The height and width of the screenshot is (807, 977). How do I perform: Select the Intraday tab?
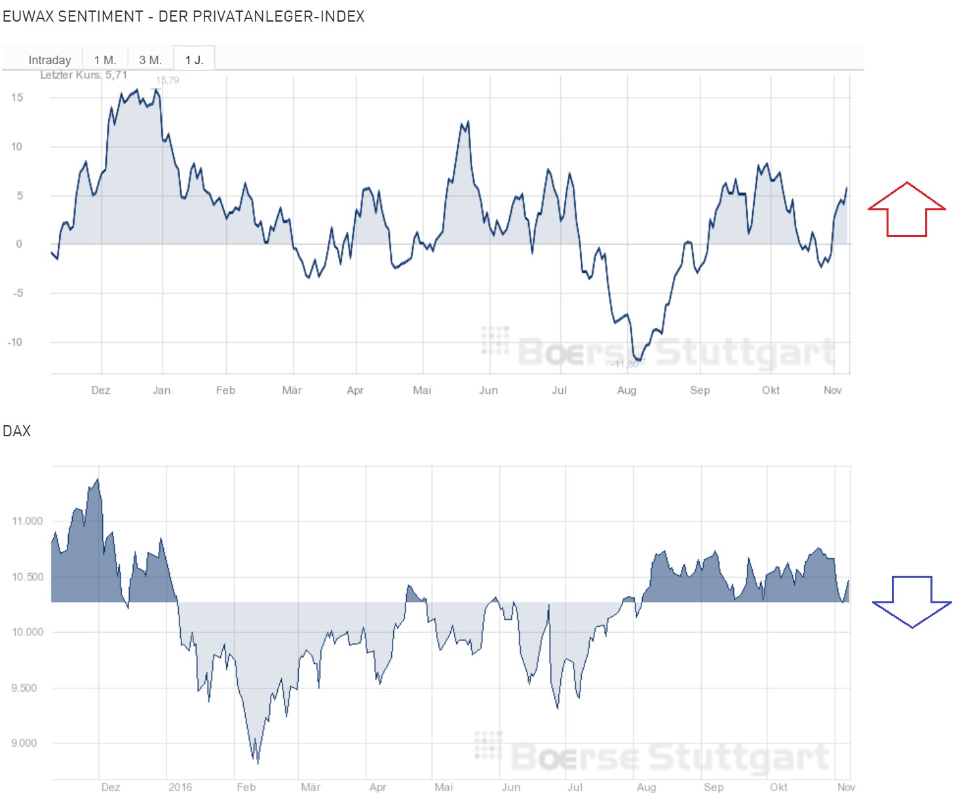click(50, 60)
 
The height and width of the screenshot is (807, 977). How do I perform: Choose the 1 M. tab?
click(105, 60)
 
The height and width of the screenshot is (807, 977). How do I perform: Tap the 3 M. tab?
click(150, 60)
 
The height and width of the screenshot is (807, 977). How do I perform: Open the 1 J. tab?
click(194, 60)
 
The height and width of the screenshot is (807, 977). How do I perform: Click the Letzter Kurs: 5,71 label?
click(83, 75)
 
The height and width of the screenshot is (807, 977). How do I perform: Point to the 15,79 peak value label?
click(167, 80)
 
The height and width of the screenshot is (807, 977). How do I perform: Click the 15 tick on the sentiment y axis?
click(17, 98)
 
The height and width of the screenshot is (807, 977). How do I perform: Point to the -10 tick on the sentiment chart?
click(15, 342)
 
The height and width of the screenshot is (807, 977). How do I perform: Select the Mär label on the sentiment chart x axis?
click(292, 390)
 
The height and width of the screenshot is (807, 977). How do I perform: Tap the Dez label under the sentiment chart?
click(101, 390)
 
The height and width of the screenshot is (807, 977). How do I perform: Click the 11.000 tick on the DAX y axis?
click(27, 521)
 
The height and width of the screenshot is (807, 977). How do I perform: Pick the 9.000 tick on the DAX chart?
click(24, 743)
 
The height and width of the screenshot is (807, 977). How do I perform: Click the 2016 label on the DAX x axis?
click(180, 787)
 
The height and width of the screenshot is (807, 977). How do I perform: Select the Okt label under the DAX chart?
click(778, 787)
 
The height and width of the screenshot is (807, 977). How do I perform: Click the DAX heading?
click(17, 431)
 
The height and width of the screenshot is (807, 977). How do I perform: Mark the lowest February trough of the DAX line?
click(258, 762)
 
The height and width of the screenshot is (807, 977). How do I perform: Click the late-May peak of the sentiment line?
click(467, 122)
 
